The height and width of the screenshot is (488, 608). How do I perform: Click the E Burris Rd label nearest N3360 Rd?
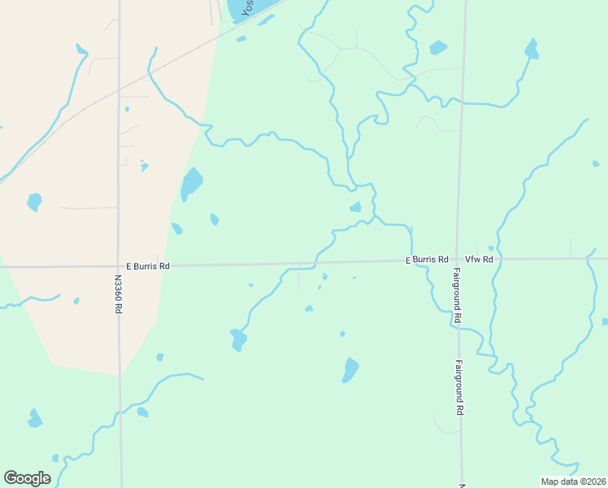(148, 266)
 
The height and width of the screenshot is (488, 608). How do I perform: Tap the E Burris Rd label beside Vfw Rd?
(428, 259)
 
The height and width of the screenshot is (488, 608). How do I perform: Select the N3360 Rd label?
(118, 294)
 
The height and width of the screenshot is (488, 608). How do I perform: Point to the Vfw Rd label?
(479, 259)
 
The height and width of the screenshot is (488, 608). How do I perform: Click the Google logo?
(27, 478)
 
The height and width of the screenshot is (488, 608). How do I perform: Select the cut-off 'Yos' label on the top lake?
(246, 9)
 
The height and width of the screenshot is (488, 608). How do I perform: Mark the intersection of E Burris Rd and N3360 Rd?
(119, 266)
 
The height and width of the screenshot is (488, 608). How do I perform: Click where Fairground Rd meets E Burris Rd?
(457, 259)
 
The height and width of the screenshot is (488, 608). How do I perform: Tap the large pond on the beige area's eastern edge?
(192, 183)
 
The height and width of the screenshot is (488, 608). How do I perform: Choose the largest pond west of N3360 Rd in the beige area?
(34, 201)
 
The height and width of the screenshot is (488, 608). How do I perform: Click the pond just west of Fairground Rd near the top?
(438, 47)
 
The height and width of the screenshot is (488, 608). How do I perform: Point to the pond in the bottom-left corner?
(34, 419)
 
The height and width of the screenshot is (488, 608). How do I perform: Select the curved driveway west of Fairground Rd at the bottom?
(444, 425)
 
